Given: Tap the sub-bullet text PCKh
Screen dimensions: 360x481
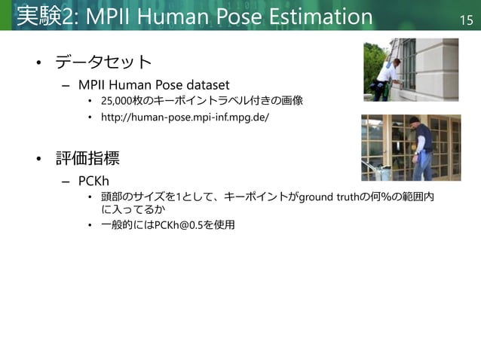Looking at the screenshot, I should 94,182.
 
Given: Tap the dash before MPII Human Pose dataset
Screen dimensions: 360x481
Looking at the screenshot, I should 66,84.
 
